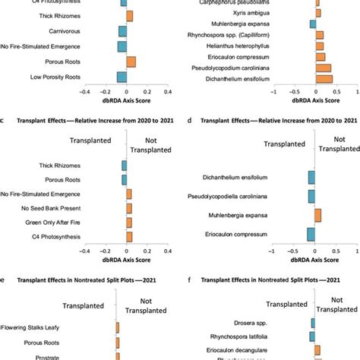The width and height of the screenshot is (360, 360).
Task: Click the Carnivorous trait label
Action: click(77, 31)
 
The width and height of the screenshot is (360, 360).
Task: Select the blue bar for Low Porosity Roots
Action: click(121, 77)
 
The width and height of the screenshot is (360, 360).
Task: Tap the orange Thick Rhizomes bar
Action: click(129, 15)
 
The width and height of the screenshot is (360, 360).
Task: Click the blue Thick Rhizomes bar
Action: click(124, 166)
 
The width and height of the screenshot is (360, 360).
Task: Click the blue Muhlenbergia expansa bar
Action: click(312, 24)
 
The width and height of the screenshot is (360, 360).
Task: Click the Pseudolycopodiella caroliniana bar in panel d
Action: click(311, 197)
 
